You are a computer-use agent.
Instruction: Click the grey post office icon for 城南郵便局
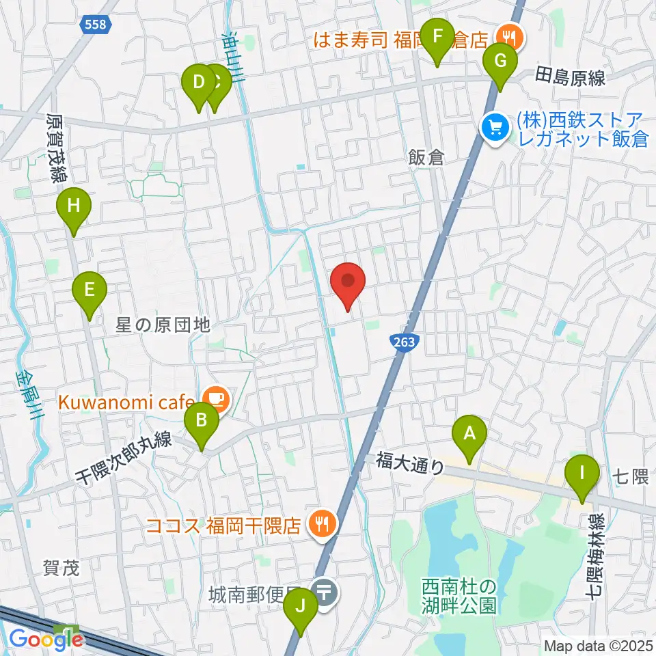(x=323, y=591)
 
